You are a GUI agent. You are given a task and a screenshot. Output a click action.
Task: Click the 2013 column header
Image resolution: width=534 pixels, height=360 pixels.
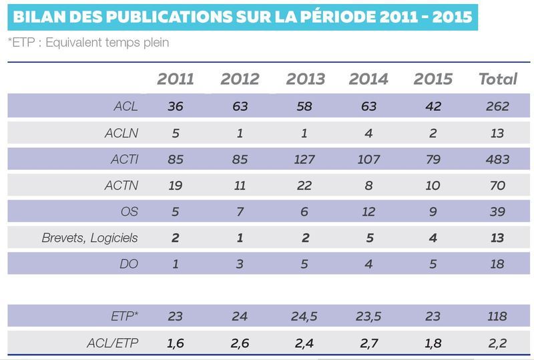coord(306,79)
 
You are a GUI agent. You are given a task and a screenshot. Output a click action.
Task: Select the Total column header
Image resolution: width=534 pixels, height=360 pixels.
coord(498,79)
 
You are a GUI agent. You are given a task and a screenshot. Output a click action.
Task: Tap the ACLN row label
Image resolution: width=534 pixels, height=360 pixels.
coord(121,133)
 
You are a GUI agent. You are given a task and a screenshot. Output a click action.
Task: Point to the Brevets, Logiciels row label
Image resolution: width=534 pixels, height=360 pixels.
coord(89,238)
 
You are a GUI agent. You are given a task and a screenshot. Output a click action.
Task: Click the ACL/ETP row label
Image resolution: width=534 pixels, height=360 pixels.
coord(113,343)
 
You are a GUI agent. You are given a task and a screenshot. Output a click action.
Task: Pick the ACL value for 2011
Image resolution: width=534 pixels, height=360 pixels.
coord(176,106)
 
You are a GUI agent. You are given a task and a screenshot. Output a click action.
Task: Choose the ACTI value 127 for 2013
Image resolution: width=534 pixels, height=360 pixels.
coord(304,159)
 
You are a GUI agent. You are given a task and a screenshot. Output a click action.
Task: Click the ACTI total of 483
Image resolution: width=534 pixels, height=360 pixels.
coord(497,159)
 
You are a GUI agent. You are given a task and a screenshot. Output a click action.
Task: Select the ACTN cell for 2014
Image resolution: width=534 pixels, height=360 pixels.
coord(368,186)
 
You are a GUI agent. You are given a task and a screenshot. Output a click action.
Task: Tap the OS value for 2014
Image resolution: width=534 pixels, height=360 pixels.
coord(368,212)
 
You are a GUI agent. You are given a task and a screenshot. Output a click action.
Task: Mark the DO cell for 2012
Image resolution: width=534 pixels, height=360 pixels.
coord(240,264)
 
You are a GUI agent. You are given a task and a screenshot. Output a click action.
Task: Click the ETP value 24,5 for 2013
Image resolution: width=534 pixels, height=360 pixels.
coord(304,317)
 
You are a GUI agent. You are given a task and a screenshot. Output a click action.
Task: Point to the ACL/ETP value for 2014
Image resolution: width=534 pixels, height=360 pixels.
coord(369,343)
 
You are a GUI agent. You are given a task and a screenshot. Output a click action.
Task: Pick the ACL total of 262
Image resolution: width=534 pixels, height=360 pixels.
coord(497,106)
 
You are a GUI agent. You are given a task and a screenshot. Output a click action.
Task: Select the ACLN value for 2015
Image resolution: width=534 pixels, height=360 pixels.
coord(433,133)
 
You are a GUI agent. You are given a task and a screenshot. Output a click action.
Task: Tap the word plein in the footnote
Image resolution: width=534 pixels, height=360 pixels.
coord(156,43)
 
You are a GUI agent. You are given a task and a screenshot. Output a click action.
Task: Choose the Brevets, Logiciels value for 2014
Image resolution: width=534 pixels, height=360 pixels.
coord(370,238)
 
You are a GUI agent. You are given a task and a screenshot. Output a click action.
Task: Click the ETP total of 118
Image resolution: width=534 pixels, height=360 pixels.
coord(497,317)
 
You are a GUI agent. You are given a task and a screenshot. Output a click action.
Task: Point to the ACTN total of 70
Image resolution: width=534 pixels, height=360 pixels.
coord(497,186)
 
